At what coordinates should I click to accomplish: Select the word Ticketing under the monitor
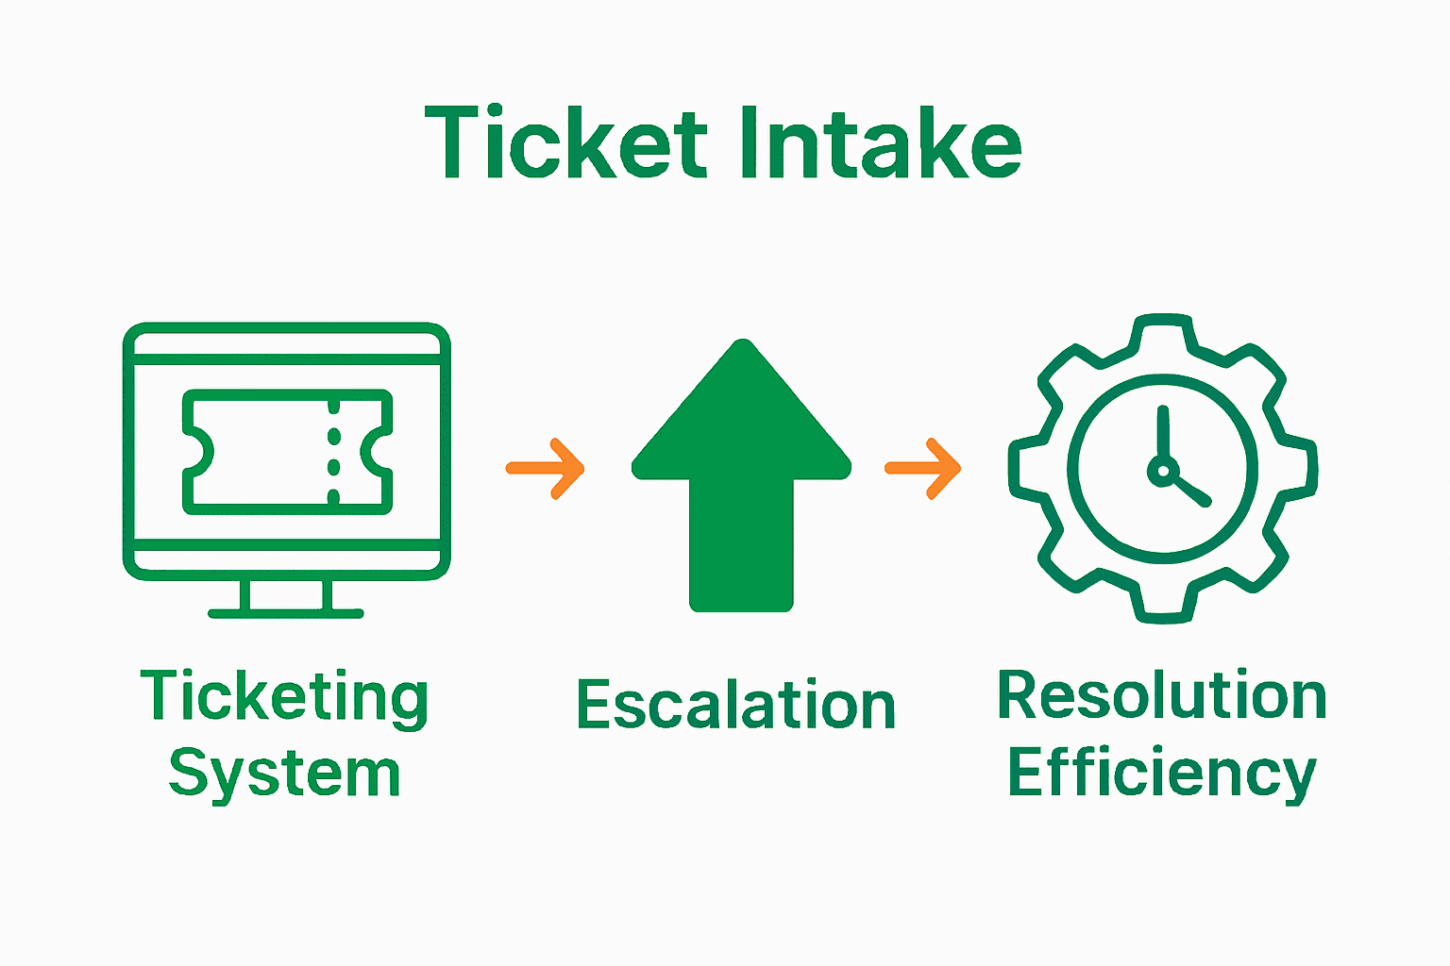(x=284, y=697)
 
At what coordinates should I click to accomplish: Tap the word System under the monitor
(x=284, y=774)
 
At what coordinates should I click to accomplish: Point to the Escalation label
(x=735, y=705)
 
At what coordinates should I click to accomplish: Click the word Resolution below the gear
(x=1162, y=696)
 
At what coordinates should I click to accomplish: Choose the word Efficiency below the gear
(x=1162, y=774)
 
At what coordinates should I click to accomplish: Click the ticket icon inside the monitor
(x=286, y=452)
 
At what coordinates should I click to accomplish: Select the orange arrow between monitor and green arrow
(x=547, y=468)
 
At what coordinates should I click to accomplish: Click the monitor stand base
(x=286, y=613)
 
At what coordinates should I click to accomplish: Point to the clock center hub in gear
(x=1163, y=470)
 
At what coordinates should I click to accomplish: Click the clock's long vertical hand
(x=1163, y=434)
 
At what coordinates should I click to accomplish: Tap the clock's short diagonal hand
(x=1189, y=490)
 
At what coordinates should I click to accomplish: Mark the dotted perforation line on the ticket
(x=333, y=452)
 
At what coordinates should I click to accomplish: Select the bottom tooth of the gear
(x=1163, y=608)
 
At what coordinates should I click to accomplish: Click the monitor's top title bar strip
(x=286, y=343)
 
